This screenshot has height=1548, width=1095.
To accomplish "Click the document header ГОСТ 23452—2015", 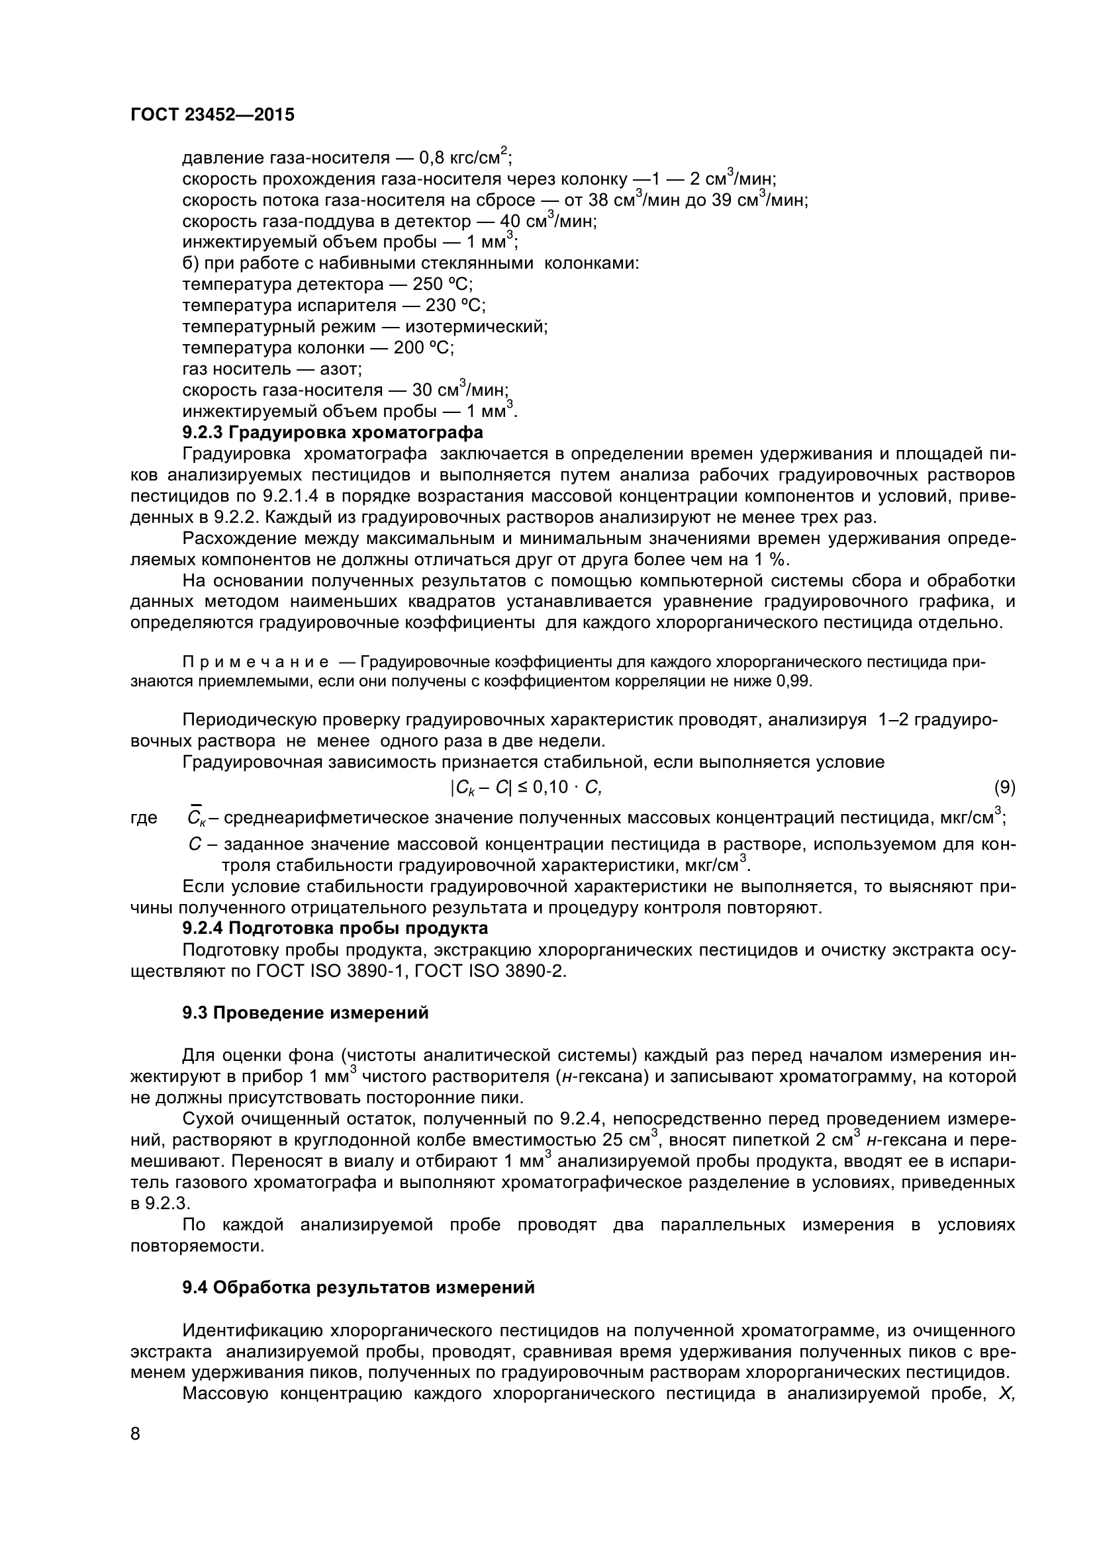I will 212,115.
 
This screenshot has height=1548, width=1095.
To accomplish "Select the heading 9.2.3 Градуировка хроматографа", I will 332,432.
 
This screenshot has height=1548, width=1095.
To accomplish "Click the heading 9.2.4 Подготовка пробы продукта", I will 335,929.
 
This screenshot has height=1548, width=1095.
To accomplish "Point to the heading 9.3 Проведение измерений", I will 305,1013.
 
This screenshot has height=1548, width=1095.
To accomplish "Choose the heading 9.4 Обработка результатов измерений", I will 358,1288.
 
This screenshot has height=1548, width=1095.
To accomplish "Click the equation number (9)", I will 1004,787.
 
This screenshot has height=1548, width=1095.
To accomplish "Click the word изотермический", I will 476,327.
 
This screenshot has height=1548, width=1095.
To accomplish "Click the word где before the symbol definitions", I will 144,819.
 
